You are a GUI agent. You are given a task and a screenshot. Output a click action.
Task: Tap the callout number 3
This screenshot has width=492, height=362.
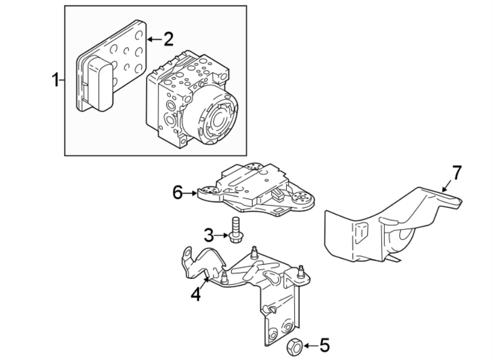(x=208, y=236)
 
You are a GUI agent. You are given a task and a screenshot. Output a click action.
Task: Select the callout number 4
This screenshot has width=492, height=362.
(x=195, y=295)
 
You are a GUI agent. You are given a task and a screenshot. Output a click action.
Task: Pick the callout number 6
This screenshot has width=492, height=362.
(x=177, y=192)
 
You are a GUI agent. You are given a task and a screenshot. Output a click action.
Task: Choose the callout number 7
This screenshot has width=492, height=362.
(x=456, y=173)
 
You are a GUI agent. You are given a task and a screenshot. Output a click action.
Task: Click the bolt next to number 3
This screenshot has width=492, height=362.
(x=236, y=230)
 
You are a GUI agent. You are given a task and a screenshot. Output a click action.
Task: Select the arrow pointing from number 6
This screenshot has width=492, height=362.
(x=190, y=192)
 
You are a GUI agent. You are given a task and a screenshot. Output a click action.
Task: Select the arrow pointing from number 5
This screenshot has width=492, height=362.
(x=309, y=346)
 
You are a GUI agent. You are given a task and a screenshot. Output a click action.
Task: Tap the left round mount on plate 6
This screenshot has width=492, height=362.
(x=207, y=191)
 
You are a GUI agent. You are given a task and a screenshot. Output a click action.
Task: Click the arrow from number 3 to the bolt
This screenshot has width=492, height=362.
(x=221, y=236)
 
